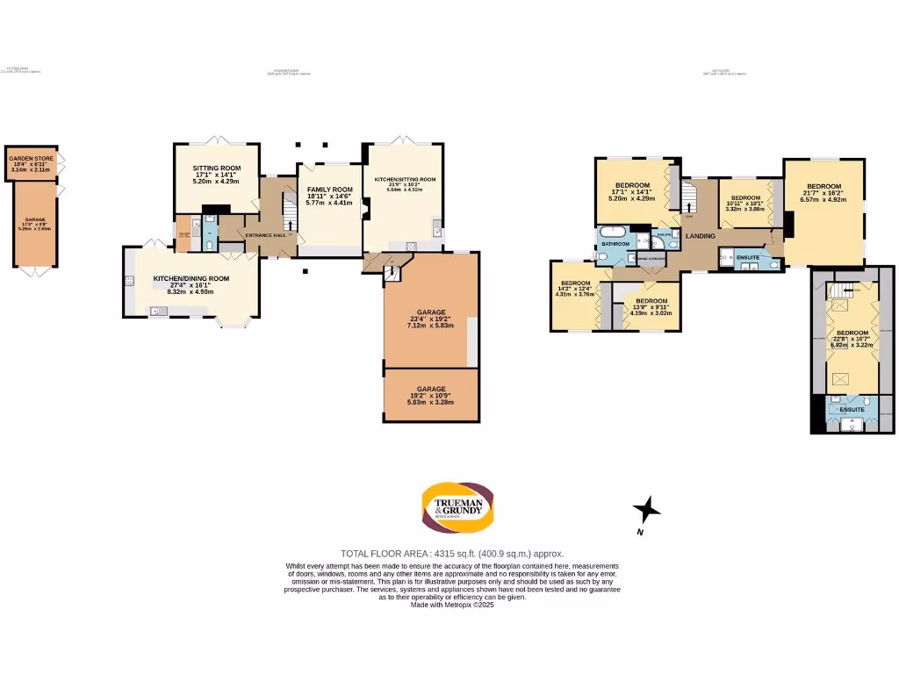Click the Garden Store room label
(x=32, y=159)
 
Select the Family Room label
(x=329, y=190)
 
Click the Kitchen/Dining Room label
(x=191, y=278)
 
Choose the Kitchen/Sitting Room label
(x=405, y=179)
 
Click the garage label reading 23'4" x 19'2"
(x=431, y=312)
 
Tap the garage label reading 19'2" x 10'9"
(x=431, y=389)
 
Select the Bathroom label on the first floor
(x=615, y=243)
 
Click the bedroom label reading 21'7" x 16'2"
(x=823, y=186)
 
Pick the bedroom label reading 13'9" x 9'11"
(x=651, y=301)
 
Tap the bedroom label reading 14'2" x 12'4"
(x=575, y=283)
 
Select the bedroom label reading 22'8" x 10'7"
(x=852, y=333)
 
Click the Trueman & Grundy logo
(x=461, y=508)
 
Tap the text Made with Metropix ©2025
(x=452, y=605)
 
